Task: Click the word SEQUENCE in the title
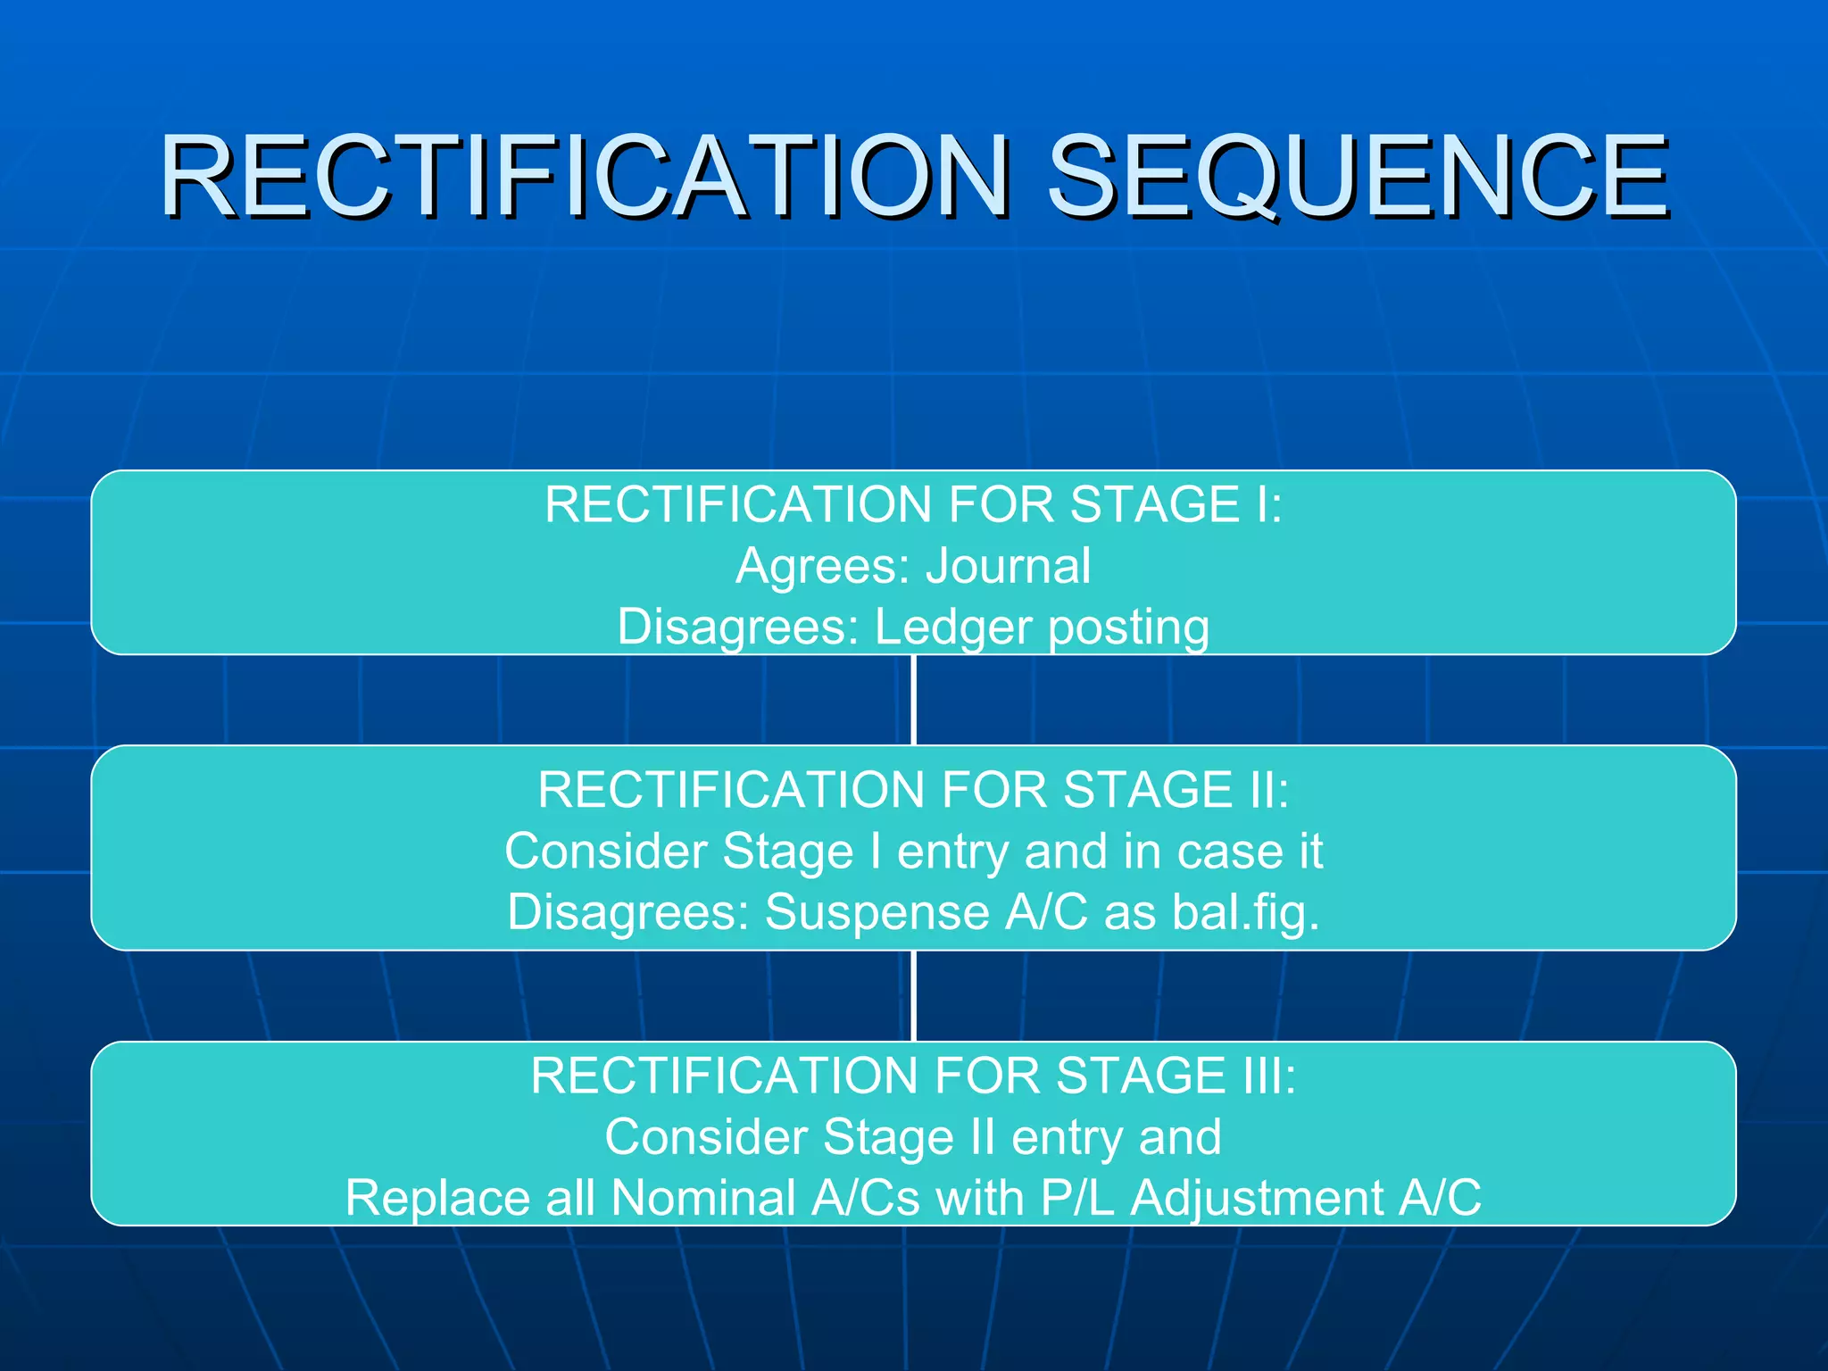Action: click(1357, 177)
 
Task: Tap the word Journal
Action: click(1008, 566)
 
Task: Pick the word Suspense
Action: click(877, 912)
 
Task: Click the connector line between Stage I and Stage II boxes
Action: click(914, 700)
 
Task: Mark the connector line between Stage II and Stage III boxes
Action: click(914, 995)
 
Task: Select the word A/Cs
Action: click(865, 1198)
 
